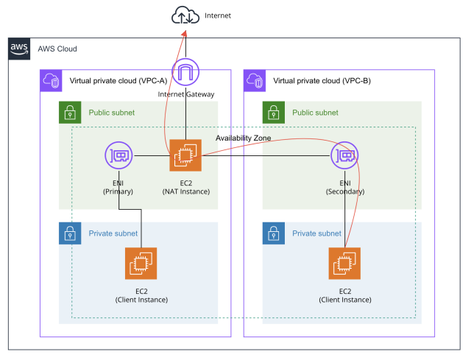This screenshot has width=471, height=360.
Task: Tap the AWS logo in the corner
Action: tap(19, 49)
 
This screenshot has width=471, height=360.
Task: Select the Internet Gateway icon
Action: tap(186, 73)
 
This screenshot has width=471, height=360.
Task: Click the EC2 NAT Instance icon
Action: tap(185, 155)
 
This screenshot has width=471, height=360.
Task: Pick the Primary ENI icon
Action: tap(119, 155)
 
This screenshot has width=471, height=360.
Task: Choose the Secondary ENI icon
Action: tap(344, 155)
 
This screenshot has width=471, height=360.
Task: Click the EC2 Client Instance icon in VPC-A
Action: tap(141, 263)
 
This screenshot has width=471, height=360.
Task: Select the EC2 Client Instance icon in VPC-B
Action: tap(344, 263)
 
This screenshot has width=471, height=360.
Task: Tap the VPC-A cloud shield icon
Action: tap(51, 81)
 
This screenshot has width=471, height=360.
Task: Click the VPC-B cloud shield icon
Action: tap(255, 81)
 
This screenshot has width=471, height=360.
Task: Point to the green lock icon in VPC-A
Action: tap(70, 113)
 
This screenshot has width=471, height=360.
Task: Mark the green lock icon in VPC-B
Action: tap(274, 113)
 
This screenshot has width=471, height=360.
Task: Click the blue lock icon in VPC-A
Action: tap(70, 233)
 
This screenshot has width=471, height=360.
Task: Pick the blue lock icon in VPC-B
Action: tap(274, 233)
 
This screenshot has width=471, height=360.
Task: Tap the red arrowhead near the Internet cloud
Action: tap(184, 33)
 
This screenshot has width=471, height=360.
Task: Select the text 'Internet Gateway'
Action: tap(186, 94)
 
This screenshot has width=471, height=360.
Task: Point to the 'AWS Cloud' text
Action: tap(57, 49)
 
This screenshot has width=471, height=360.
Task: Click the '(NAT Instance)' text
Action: tap(185, 191)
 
